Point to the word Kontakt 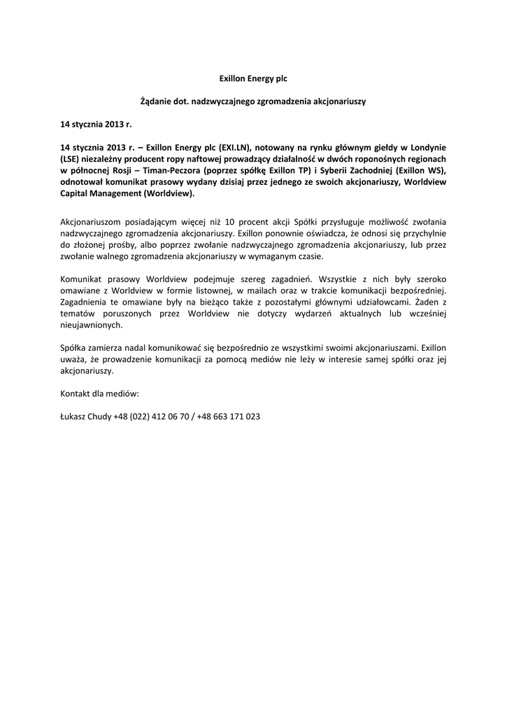(77, 394)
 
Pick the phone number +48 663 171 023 (229, 417)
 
